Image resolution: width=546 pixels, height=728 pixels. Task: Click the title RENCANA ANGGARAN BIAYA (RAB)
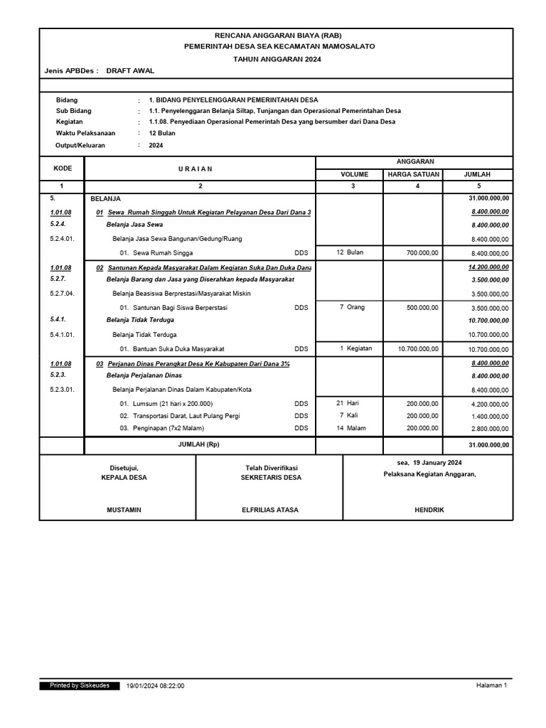click(274, 35)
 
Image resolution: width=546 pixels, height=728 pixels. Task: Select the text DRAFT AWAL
click(130, 71)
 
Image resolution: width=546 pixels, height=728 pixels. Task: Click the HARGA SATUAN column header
click(413, 174)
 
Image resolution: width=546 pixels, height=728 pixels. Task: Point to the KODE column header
click(62, 168)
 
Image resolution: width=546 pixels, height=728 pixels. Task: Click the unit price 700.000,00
click(422, 252)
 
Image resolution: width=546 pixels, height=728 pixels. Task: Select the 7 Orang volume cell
click(351, 307)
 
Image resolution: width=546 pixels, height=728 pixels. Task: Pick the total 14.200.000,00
click(488, 267)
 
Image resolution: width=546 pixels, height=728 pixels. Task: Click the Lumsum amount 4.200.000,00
click(490, 404)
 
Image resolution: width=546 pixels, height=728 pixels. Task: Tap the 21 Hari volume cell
click(348, 403)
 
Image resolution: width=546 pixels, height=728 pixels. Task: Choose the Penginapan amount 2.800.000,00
click(490, 429)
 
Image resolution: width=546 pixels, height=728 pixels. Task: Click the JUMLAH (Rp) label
click(200, 444)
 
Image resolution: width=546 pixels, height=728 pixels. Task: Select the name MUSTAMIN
click(124, 510)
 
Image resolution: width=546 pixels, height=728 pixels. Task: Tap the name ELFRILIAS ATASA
click(270, 510)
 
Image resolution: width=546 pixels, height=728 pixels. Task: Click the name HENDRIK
click(429, 510)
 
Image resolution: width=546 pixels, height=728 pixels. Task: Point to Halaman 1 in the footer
click(491, 685)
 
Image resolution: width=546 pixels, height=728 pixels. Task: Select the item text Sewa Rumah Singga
click(163, 252)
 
